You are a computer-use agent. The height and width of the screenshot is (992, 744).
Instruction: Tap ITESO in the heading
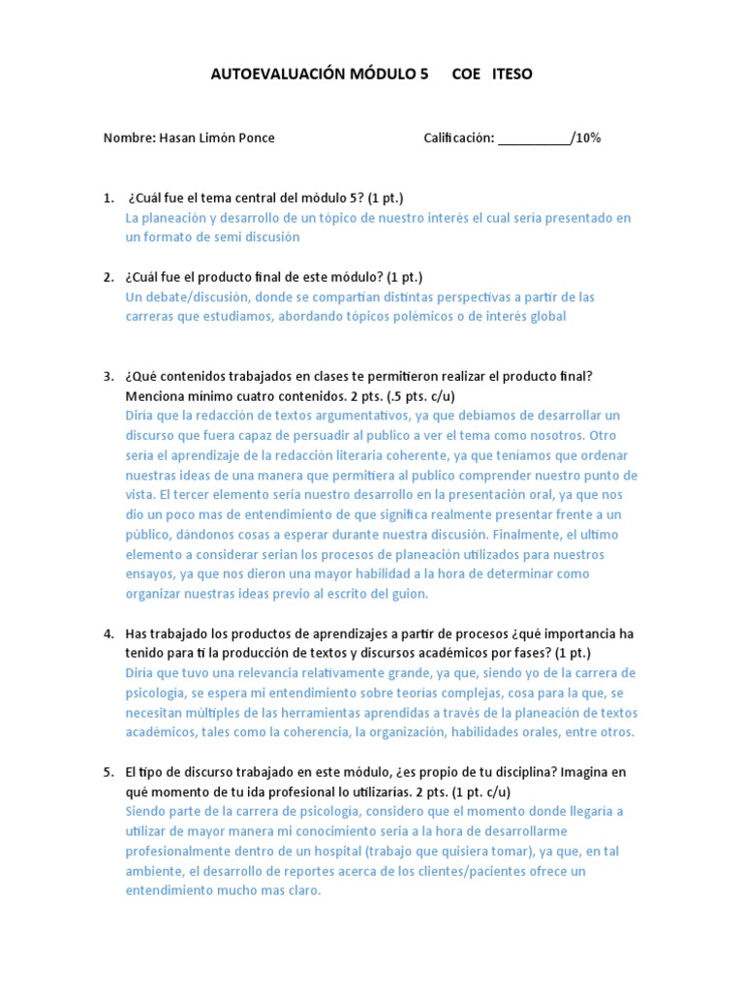512,75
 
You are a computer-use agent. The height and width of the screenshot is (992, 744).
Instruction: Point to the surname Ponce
257,139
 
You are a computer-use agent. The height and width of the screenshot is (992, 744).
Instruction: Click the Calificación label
459,139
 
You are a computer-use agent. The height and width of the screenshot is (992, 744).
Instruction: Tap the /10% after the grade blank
586,139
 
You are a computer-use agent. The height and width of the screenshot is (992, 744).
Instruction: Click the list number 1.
108,199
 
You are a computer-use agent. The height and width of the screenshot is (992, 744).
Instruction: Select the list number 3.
108,376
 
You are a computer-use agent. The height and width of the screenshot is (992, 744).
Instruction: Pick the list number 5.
108,772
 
